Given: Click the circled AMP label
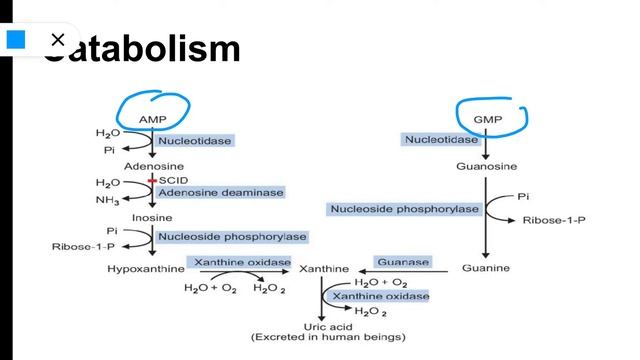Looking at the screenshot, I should pos(153,119).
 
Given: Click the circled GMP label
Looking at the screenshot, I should pos(486,119).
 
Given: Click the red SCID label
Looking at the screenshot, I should pos(174,180).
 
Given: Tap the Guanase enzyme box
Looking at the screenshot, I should pos(402,262).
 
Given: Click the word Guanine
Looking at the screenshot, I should pos(486,268).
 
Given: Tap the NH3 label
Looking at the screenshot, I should pos(108,200).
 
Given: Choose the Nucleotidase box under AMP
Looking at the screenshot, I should pos(194,141).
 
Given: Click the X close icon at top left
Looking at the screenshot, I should pos(57,40).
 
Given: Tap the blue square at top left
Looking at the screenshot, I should pos(16,40).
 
